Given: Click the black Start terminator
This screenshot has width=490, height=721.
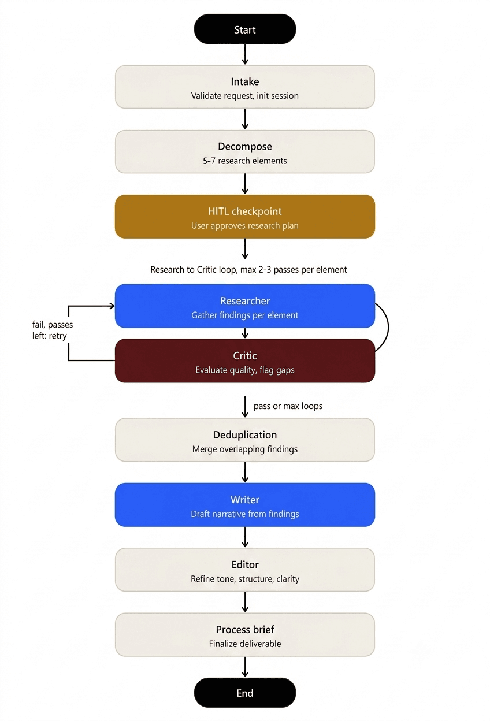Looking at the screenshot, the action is point(244,29).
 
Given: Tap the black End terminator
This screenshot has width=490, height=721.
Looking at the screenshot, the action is point(244,693).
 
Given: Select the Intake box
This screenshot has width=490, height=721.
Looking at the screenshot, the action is point(244,87).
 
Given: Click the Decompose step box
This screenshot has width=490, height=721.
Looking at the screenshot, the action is point(244,151).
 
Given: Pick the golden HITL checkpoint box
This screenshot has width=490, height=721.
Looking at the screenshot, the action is point(244,217).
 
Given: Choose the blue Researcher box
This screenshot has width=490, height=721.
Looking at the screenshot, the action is point(244,306).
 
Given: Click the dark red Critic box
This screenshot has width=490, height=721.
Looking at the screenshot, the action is point(244,360).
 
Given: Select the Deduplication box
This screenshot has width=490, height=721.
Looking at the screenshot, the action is point(244,440).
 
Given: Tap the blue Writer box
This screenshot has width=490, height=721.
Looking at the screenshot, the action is point(244,505).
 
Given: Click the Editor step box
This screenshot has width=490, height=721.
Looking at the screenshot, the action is point(244,570).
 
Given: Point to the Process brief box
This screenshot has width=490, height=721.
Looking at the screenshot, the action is point(244,635).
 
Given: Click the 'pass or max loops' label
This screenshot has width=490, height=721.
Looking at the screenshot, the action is point(288,406).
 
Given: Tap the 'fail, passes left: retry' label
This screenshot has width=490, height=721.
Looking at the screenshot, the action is point(53,330).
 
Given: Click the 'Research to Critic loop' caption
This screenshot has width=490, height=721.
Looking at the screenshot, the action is point(248,269).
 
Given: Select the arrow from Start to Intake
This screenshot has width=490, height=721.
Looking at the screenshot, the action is point(245,54).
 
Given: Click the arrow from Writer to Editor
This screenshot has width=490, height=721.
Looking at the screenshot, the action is point(245,537).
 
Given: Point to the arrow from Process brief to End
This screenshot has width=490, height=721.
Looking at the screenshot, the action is point(245,667).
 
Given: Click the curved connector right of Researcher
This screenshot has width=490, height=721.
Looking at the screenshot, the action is point(388,327).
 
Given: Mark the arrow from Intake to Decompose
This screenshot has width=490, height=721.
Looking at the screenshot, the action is point(245,119).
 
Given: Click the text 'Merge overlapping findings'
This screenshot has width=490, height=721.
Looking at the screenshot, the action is point(244,449).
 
